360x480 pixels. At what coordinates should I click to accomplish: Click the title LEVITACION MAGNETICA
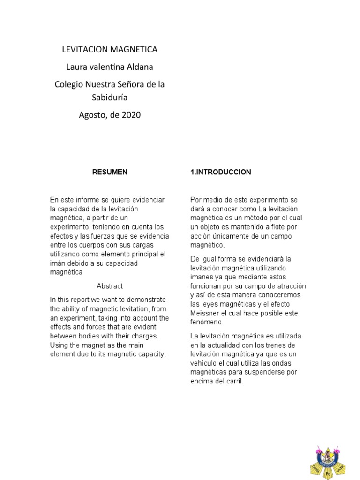(110, 49)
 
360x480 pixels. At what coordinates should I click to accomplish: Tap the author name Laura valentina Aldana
(110, 67)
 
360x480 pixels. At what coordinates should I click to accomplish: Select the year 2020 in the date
(131, 114)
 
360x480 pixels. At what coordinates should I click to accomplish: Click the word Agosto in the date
(93, 114)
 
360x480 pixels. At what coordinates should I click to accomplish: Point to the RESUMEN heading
(110, 172)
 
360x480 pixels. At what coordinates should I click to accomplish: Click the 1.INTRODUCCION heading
(220, 172)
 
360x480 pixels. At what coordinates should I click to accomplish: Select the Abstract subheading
(110, 286)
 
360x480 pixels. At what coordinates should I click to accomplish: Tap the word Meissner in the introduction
(206, 313)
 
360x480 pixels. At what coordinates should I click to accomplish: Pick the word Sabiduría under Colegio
(110, 97)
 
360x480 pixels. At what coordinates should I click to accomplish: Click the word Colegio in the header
(68, 85)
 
